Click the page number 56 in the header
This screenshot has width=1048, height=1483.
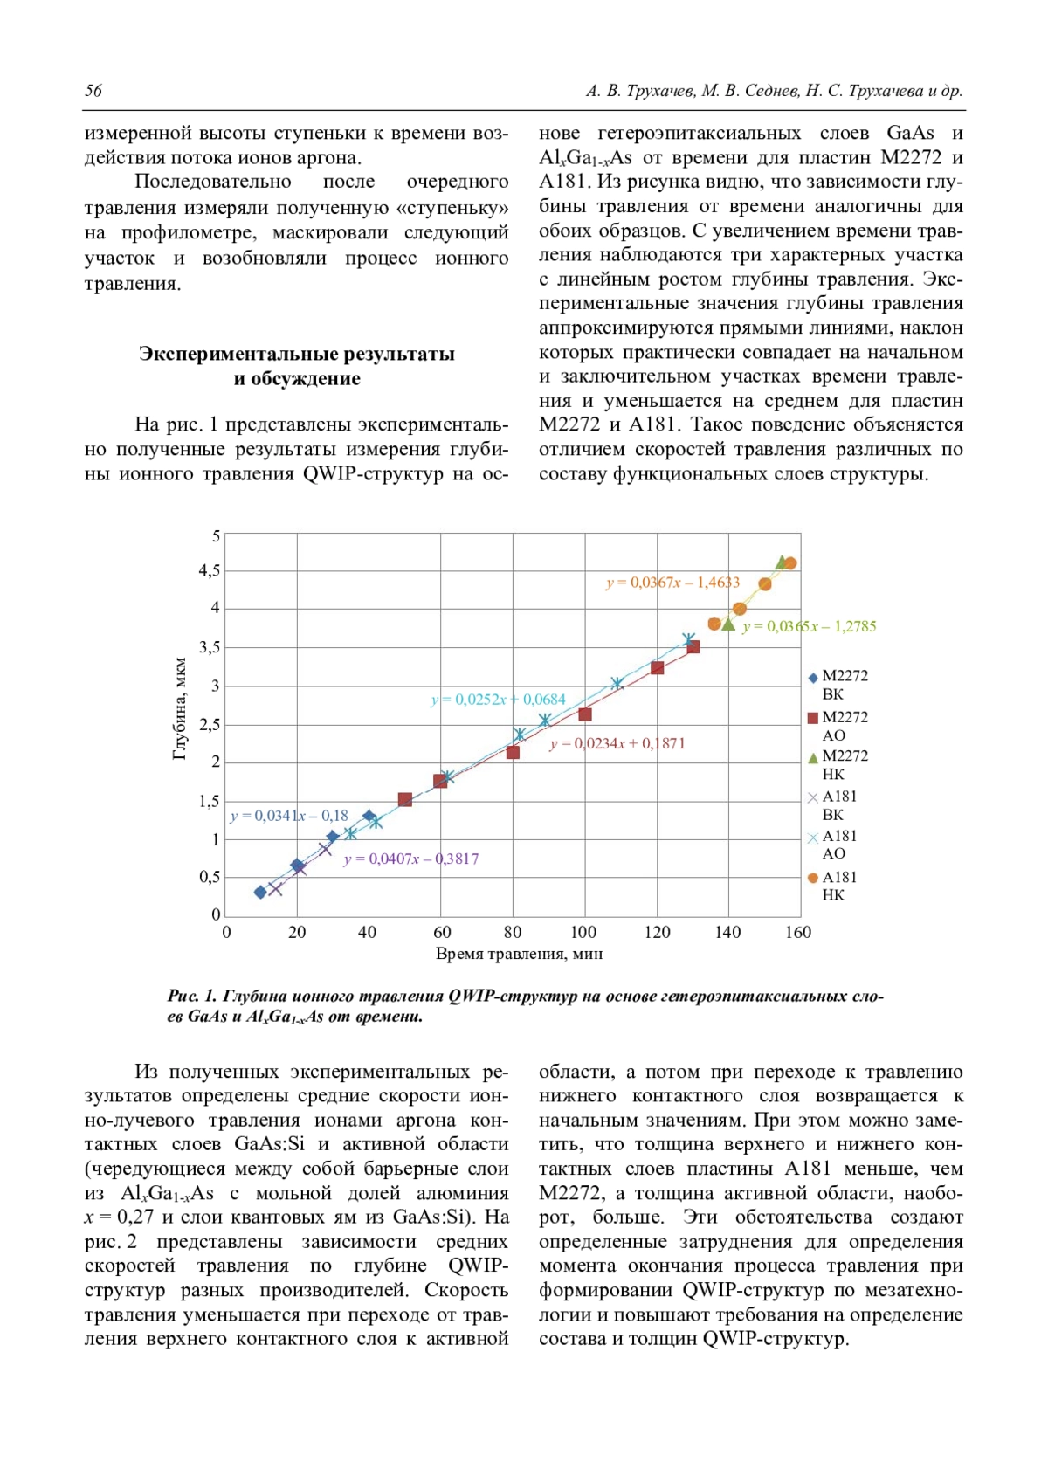tap(93, 91)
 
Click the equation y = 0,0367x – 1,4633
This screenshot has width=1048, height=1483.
tap(672, 583)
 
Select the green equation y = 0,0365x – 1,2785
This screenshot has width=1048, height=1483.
tap(809, 626)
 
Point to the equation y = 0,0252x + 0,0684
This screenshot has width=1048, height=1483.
tap(499, 700)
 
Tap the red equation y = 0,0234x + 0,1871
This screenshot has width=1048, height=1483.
tap(617, 743)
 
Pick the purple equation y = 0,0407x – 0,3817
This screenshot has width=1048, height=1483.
tap(411, 859)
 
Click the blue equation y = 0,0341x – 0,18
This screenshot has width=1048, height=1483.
tap(289, 816)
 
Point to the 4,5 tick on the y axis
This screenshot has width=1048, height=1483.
tap(210, 570)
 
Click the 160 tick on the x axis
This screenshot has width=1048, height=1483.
tap(798, 932)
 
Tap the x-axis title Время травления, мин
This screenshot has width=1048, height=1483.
tap(519, 954)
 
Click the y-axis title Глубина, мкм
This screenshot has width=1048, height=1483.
tap(180, 708)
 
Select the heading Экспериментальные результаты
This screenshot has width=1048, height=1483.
tap(297, 354)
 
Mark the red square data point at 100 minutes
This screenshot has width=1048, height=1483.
tap(585, 714)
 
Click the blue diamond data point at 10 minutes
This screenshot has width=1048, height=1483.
tap(260, 892)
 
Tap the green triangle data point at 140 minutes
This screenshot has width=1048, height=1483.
tap(728, 624)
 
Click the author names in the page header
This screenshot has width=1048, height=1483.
tap(774, 91)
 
